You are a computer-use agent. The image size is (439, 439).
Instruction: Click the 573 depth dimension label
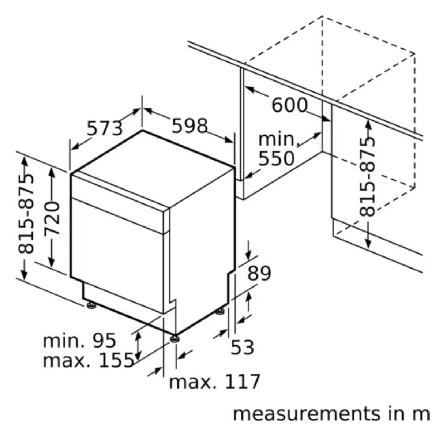click(105, 128)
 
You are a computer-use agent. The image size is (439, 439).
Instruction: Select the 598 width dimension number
click(190, 126)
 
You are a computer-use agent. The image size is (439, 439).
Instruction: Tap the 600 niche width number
click(289, 105)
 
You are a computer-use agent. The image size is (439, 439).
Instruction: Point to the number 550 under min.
click(276, 158)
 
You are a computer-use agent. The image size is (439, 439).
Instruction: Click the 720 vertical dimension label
click(52, 219)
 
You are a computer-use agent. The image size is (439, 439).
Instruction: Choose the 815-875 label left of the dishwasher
click(26, 214)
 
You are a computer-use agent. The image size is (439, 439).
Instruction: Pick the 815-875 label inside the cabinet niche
click(367, 177)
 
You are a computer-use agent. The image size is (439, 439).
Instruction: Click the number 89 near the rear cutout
click(259, 273)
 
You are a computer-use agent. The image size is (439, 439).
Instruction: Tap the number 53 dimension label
click(242, 348)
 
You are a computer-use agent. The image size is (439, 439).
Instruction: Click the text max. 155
click(88, 361)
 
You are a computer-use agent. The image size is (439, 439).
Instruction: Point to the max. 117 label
click(214, 382)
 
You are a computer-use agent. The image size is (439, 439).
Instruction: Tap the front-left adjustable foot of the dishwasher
click(91, 305)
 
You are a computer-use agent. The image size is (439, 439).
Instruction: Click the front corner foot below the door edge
click(175, 338)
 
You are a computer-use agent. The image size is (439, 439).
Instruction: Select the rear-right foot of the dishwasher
click(220, 311)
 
